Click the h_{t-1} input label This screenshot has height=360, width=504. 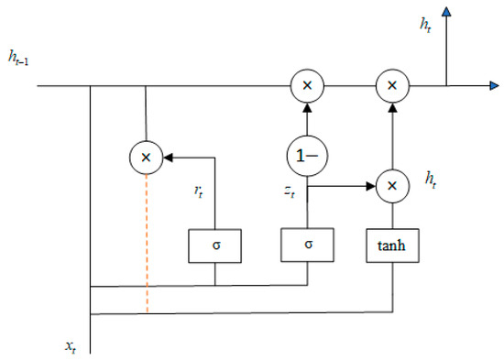[18, 59]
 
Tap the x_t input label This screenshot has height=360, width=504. [71, 347]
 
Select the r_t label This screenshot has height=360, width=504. [199, 191]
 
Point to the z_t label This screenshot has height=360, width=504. [290, 191]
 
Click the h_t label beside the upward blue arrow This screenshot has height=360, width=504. [425, 25]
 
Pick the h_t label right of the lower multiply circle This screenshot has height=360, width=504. [431, 180]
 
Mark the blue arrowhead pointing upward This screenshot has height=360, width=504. [446, 12]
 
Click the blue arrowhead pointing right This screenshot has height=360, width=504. [494, 85]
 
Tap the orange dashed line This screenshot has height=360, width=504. [147, 244]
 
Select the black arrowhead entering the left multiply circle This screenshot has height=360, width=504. [168, 158]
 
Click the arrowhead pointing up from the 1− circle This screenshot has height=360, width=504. [308, 107]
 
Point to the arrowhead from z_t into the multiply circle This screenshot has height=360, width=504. [371, 186]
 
